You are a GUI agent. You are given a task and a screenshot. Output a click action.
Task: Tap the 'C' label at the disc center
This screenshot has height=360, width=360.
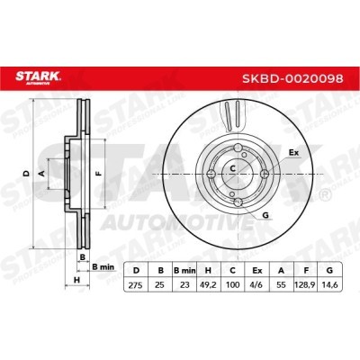[x=232, y=167]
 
